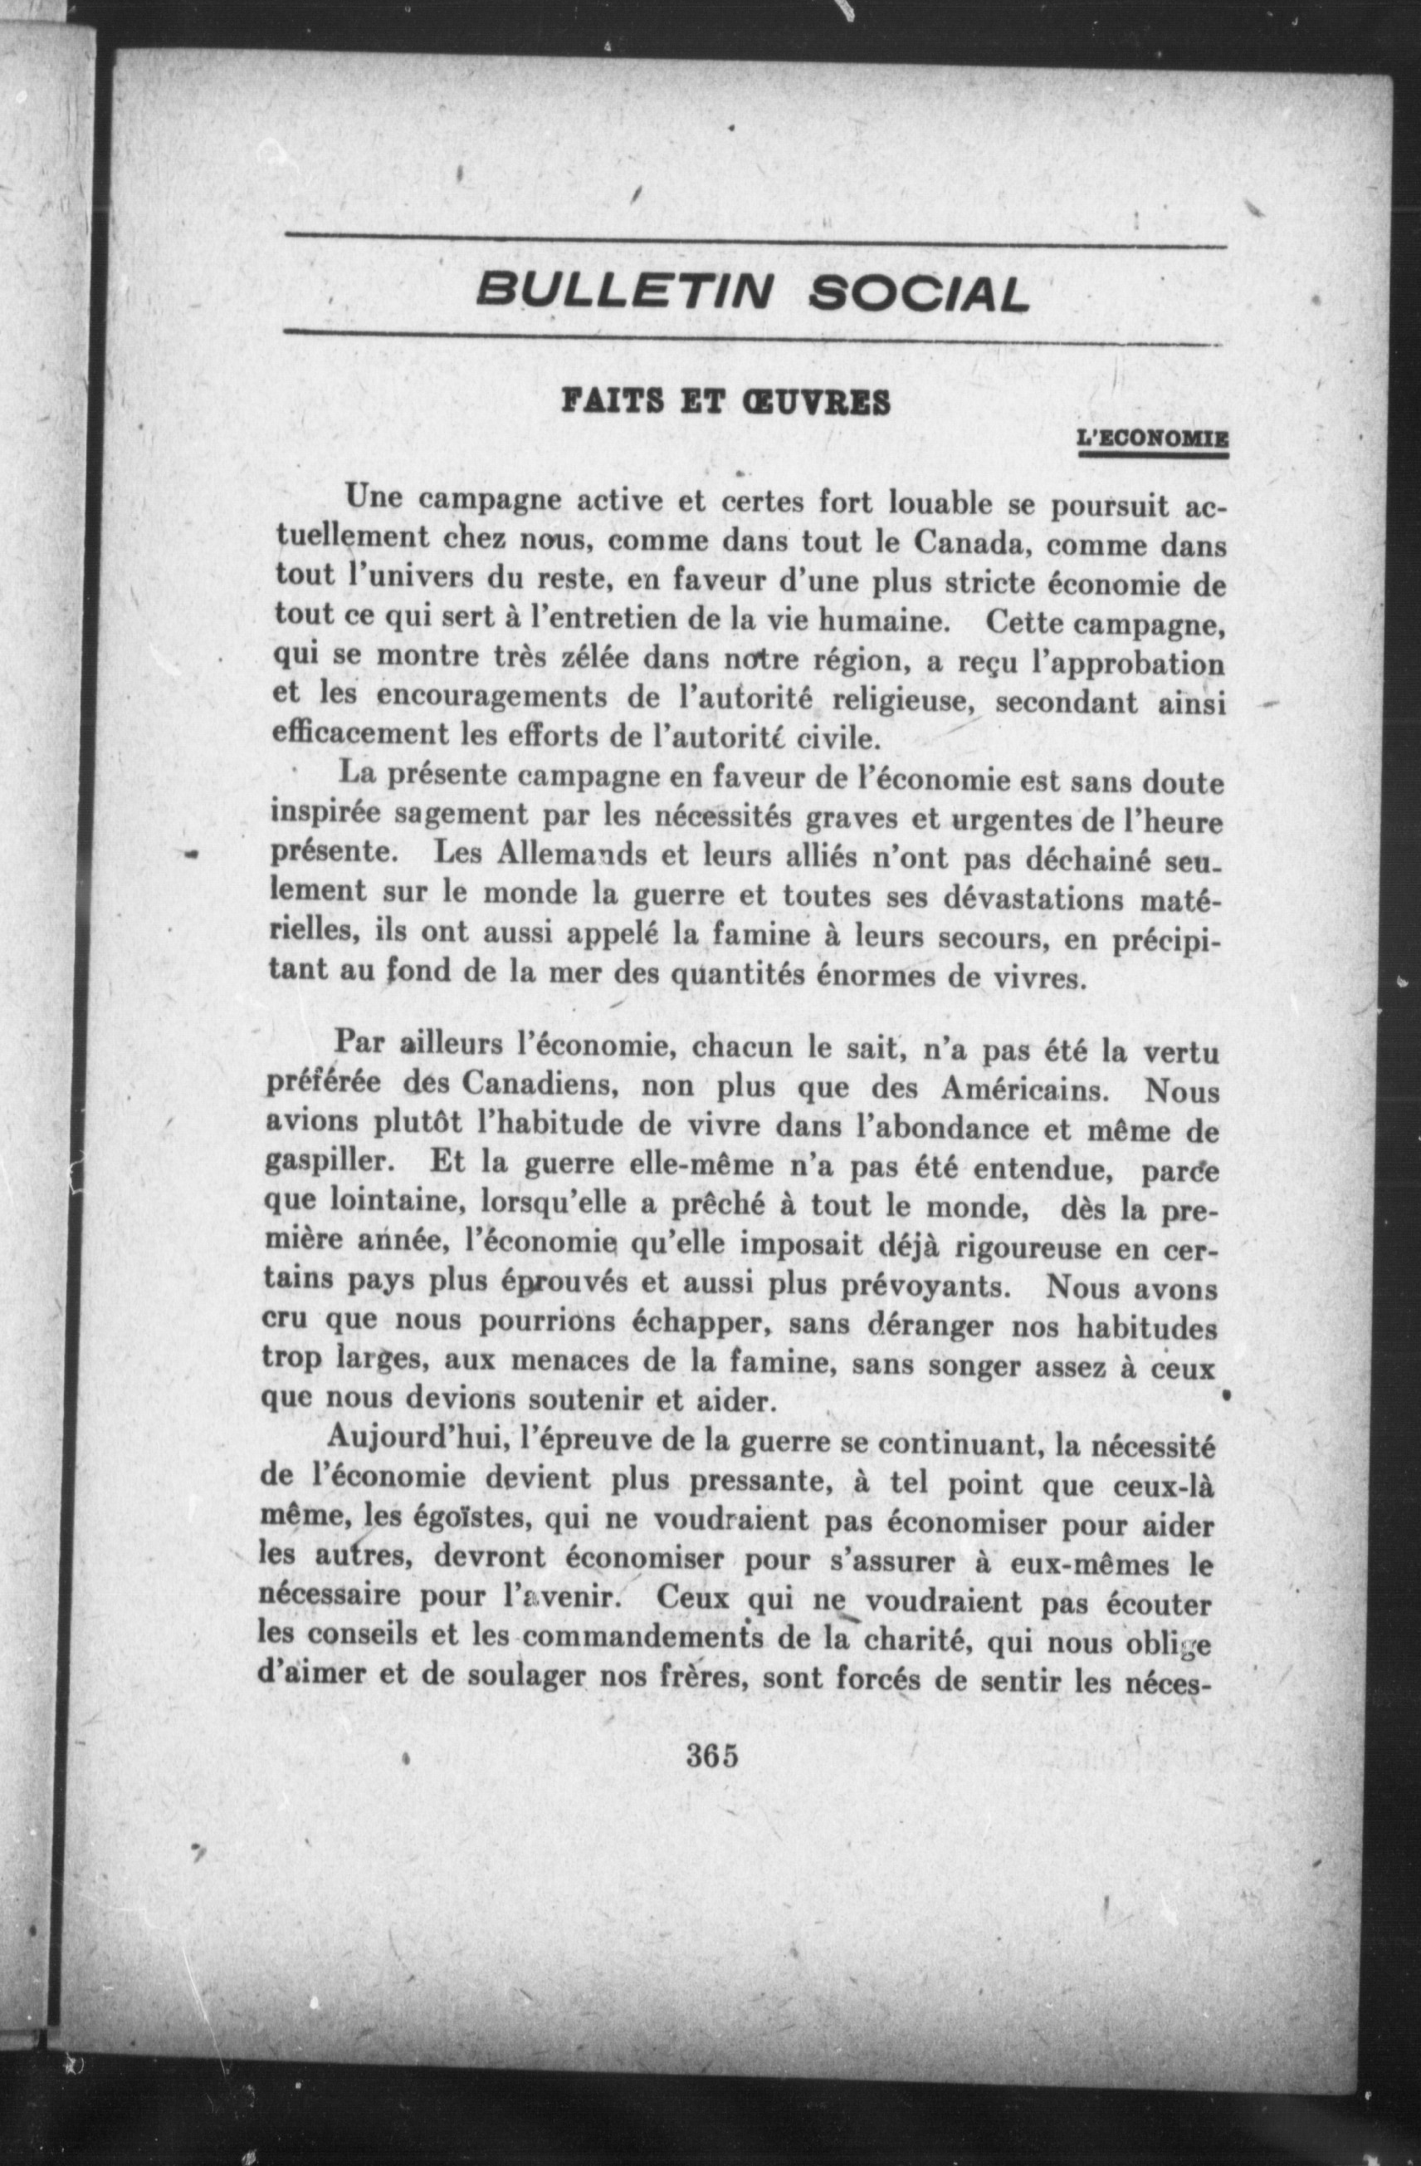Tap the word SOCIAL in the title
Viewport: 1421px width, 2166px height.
(919, 293)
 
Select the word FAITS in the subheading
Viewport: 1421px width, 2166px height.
(617, 401)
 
